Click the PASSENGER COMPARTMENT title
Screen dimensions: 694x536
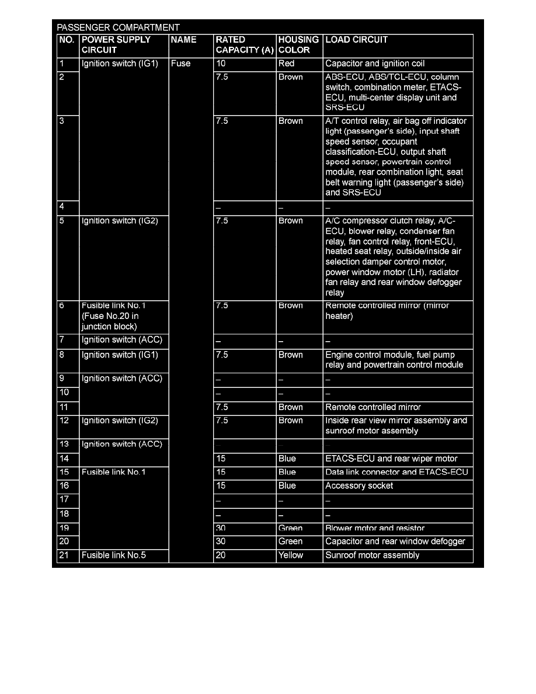coord(118,27)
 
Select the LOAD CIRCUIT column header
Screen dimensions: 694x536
coord(356,40)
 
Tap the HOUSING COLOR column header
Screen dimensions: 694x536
coord(298,45)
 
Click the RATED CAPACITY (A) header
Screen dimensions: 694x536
coord(244,45)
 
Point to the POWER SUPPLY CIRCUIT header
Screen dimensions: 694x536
coord(116,45)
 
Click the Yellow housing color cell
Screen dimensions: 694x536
coord(291,556)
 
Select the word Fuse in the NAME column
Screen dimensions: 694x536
coord(180,64)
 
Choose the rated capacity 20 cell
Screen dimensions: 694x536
coord(221,556)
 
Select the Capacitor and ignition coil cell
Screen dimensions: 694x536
coord(375,64)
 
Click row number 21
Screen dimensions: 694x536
coord(64,556)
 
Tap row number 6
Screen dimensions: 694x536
coord(62,306)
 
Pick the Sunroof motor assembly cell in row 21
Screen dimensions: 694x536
coord(373,556)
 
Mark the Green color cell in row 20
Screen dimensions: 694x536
coord(291,542)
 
